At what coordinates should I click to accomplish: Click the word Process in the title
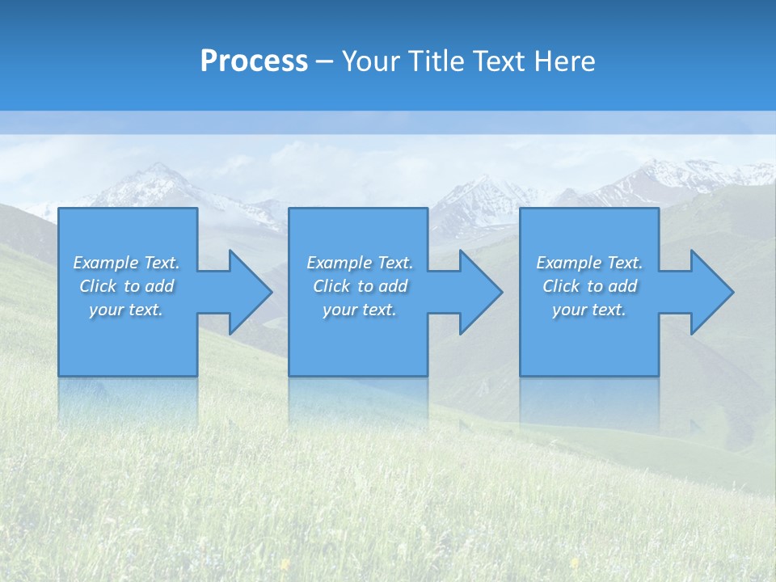254,61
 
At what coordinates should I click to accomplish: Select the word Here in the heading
564,61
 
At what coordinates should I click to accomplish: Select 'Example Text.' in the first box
126,263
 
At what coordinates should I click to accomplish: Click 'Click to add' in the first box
126,286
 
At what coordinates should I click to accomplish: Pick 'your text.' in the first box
126,310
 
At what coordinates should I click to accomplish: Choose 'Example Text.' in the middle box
360,263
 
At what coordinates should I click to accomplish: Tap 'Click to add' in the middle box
360,286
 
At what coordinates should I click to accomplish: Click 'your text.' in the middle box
360,310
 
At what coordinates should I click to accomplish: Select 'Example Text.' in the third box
589,263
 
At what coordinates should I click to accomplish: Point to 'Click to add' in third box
589,286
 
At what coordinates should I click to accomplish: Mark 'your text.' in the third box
589,310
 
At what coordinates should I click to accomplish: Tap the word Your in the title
372,61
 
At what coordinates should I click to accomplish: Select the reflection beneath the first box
128,400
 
